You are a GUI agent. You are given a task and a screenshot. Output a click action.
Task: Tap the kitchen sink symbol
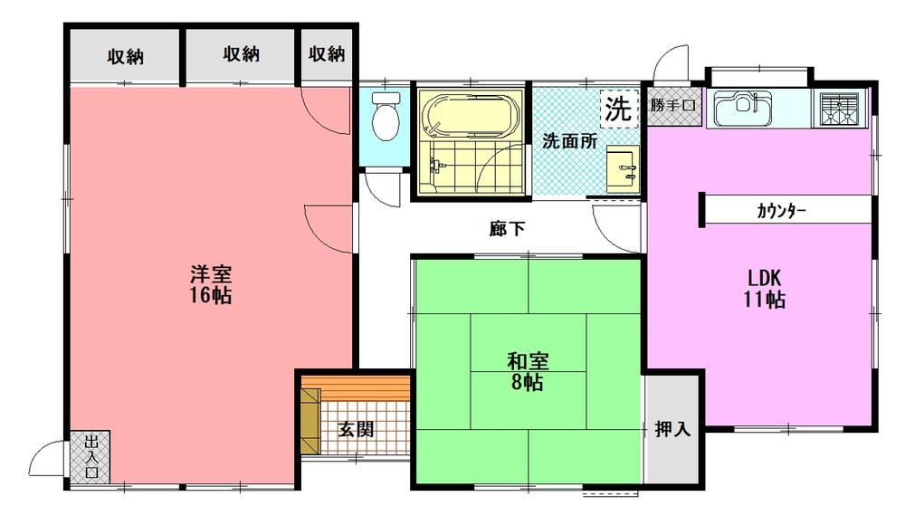[743, 108]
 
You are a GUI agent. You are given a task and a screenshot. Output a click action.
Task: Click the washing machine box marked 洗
[618, 108]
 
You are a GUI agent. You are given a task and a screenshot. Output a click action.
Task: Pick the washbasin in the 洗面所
[623, 168]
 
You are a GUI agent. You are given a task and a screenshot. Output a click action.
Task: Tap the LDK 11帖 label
[764, 289]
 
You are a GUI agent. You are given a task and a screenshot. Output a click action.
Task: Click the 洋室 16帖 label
[211, 284]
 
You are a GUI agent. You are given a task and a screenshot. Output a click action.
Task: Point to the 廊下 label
[508, 229]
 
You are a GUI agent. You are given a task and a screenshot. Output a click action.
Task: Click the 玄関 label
[356, 429]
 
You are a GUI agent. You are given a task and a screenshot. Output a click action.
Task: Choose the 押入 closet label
[672, 429]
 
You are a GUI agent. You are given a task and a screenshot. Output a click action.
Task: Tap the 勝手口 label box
[673, 106]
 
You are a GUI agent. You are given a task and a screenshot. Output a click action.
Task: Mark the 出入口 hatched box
[90, 457]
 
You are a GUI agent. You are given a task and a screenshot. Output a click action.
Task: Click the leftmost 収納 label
[125, 57]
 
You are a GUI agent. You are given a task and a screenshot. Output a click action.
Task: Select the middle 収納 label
[242, 54]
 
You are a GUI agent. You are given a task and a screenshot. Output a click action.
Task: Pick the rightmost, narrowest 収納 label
[327, 54]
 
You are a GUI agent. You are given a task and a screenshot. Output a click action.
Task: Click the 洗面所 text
[569, 141]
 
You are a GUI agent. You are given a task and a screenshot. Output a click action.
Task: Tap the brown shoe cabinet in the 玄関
[310, 421]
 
